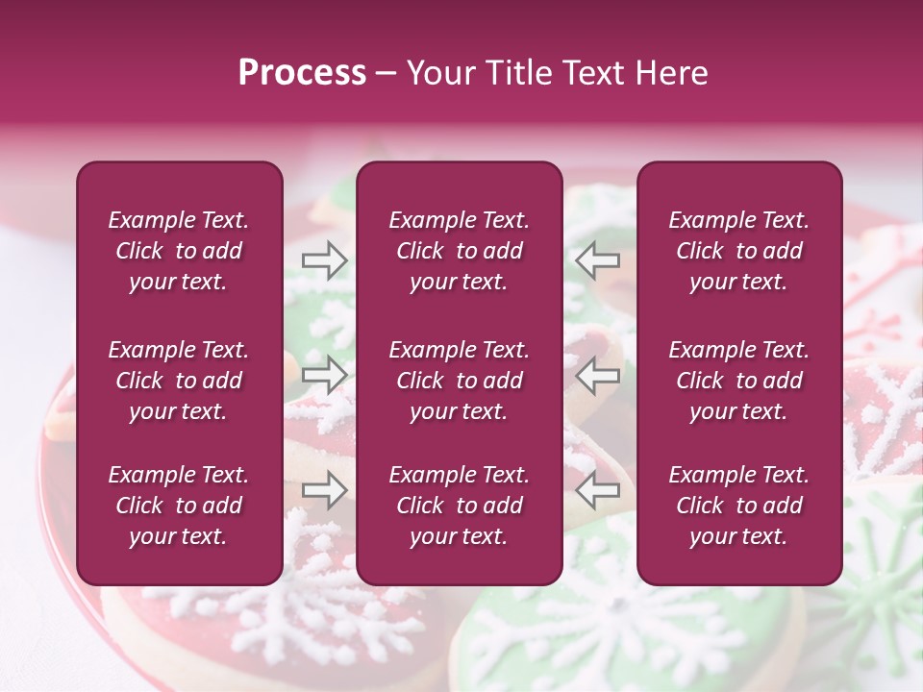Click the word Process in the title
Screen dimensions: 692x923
click(302, 73)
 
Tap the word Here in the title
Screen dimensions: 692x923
click(671, 73)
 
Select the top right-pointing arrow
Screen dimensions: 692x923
click(324, 259)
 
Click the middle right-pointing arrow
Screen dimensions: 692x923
click(324, 374)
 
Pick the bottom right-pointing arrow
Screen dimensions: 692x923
click(324, 489)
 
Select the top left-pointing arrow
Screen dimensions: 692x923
click(597, 259)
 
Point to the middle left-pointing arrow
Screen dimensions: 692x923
click(597, 374)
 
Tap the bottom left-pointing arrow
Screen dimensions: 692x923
click(597, 489)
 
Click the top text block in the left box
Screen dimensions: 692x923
click(179, 251)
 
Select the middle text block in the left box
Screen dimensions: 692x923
click(179, 381)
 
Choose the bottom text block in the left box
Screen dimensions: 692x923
click(179, 506)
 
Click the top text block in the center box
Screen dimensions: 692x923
click(460, 251)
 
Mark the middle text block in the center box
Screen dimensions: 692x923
click(460, 381)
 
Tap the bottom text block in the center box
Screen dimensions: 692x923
click(460, 506)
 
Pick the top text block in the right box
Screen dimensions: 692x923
click(739, 251)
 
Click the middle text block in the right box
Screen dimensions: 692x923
click(739, 381)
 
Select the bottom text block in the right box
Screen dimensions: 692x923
click(739, 506)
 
